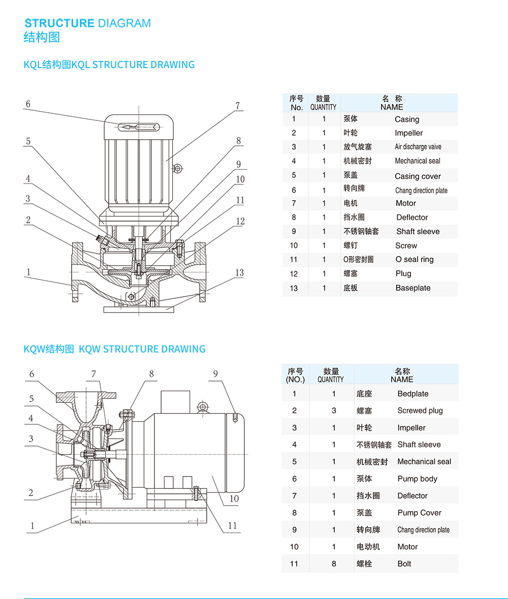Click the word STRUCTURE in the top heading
click(x=59, y=23)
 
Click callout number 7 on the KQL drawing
click(x=237, y=106)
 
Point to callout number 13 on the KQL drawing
click(x=239, y=273)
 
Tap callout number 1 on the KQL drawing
click(x=28, y=272)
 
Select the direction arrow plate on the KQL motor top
click(x=139, y=127)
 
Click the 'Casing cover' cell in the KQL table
click(x=418, y=176)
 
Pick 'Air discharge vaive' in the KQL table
click(x=418, y=147)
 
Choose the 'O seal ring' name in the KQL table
click(x=415, y=260)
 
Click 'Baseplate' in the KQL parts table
click(x=412, y=288)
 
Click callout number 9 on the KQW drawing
click(x=215, y=374)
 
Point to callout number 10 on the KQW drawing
click(x=234, y=498)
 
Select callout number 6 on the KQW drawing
click(x=31, y=374)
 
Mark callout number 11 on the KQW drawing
click(x=232, y=525)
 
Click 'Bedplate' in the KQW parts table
click(x=412, y=394)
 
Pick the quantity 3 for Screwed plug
click(x=334, y=411)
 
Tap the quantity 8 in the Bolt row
click(x=334, y=563)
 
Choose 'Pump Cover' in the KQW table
click(x=419, y=513)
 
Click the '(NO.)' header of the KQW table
click(x=295, y=380)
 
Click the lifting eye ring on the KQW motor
click(x=203, y=406)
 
